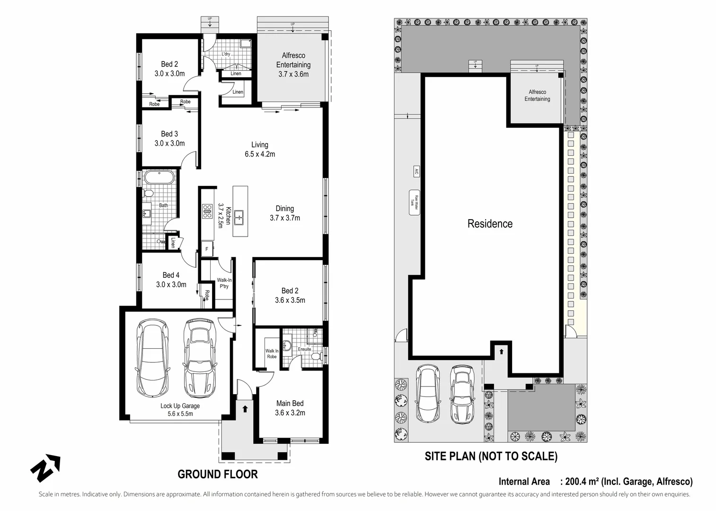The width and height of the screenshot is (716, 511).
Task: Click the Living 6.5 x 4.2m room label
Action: (259, 149)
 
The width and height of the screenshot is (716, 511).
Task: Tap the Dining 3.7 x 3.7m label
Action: (285, 213)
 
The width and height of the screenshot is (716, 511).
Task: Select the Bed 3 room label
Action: (169, 139)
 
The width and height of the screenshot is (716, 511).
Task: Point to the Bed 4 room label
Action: (171, 280)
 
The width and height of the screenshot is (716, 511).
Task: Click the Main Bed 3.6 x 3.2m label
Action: (290, 408)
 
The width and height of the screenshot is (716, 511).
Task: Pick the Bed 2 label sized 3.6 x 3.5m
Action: (290, 295)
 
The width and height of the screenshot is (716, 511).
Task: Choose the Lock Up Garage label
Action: (180, 409)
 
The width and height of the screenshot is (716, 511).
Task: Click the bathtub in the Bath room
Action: (159, 178)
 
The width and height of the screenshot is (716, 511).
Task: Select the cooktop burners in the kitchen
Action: (207, 211)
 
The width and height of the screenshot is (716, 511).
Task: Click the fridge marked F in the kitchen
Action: (207, 249)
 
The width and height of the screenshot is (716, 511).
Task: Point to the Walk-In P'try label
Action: (224, 283)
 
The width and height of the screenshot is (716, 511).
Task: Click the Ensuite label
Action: (304, 349)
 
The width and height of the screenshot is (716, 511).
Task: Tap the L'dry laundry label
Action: (226, 54)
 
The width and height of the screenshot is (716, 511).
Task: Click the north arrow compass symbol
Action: (45, 467)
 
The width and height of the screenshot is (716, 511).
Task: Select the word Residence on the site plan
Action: (490, 224)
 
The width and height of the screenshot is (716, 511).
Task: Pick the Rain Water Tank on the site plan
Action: (414, 203)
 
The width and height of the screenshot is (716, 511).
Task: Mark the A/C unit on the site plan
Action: (416, 171)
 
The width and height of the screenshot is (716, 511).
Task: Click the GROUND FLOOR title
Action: (218, 474)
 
